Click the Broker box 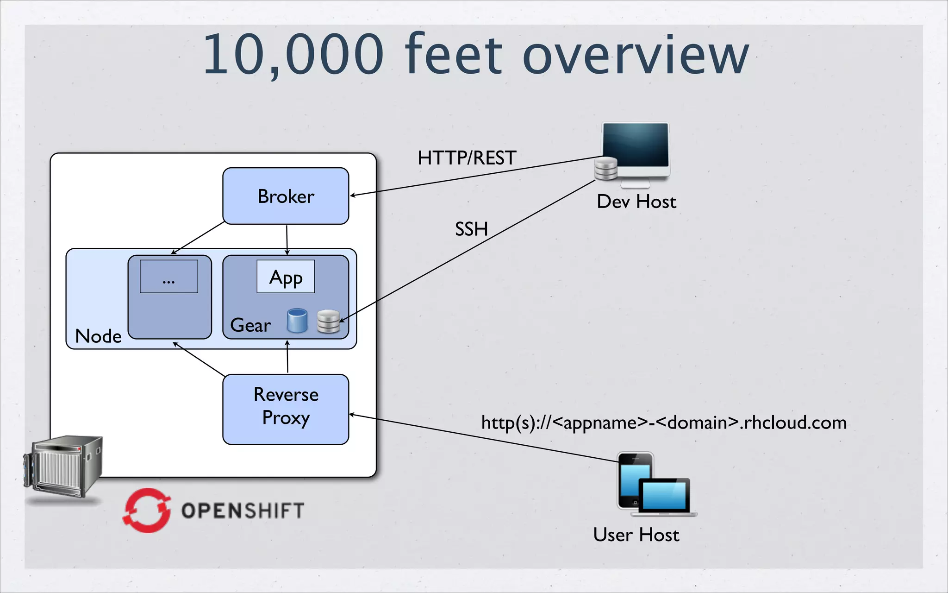pos(286,196)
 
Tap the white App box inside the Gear pos(286,277)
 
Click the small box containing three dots pos(169,277)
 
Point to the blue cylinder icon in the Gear pos(297,321)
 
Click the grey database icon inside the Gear pos(329,322)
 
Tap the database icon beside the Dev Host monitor pos(606,169)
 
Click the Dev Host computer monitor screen pos(636,145)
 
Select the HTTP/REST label pos(467,158)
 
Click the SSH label pos(471,229)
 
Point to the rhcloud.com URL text pos(664,423)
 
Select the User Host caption pos(636,535)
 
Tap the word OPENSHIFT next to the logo pos(243,511)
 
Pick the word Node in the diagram pos(98,336)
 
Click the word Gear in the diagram pos(250,325)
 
